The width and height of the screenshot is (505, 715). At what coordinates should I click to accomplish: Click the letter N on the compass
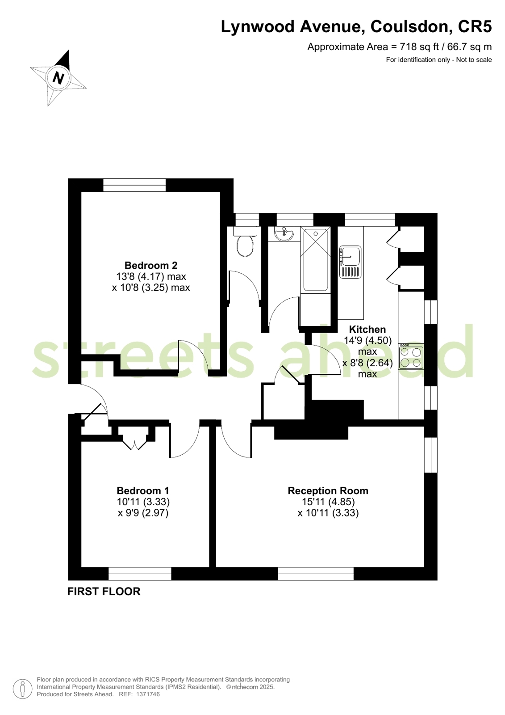(58, 78)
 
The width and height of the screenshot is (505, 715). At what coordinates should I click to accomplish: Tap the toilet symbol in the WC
(245, 244)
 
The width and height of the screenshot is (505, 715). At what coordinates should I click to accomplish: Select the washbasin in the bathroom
(284, 234)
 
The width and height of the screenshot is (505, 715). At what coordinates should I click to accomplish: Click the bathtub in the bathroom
(316, 259)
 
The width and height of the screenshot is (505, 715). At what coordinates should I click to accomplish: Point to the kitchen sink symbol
(350, 262)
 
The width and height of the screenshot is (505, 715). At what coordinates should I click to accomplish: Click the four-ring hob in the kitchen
(411, 357)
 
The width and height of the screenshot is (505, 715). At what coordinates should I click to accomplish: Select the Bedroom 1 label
(143, 491)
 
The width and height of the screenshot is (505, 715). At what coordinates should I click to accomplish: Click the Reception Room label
(328, 491)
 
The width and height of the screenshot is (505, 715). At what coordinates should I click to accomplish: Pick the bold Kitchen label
(367, 329)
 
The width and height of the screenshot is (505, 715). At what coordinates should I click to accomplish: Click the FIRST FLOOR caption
(104, 591)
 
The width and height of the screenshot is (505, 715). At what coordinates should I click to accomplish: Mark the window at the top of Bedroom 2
(134, 185)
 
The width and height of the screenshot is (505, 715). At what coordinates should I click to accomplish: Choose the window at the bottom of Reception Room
(316, 574)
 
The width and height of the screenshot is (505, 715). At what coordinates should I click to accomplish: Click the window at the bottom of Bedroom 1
(140, 574)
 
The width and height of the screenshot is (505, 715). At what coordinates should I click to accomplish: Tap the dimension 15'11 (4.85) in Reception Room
(328, 502)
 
